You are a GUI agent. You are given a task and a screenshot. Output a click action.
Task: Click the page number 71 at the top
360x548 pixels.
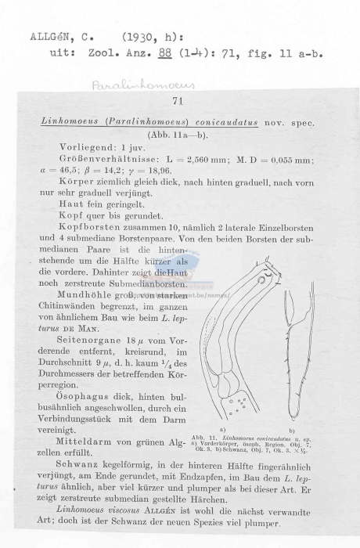pyautogui.click(x=177, y=100)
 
